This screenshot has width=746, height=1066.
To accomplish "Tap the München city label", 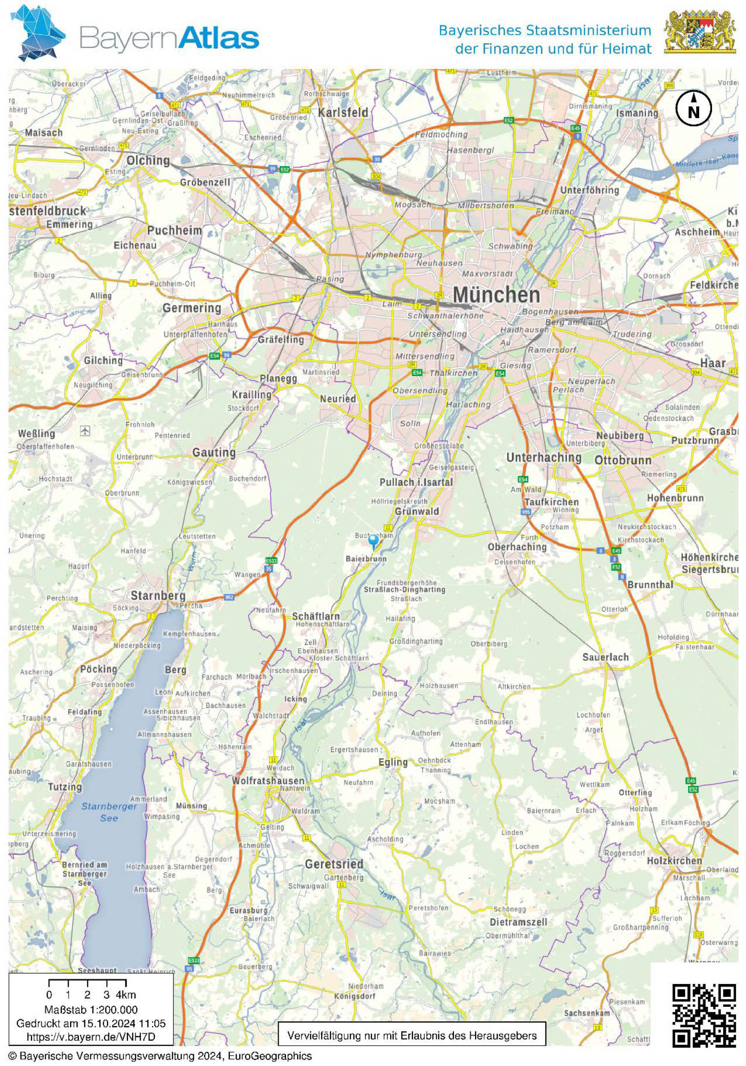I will click(496, 295).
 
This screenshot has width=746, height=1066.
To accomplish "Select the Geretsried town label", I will click(334, 863).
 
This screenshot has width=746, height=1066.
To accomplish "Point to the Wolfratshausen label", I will click(268, 781).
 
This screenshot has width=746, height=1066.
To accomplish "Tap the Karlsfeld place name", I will click(343, 112).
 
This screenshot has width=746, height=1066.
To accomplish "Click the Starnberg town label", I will click(158, 595).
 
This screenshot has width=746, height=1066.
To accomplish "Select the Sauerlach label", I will click(605, 657).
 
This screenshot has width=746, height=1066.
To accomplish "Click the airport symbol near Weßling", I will click(85, 431).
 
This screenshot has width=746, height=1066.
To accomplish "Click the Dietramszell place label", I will click(518, 922).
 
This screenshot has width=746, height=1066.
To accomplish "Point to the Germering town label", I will click(192, 308).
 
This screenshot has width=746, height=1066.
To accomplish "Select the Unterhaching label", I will click(543, 457).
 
